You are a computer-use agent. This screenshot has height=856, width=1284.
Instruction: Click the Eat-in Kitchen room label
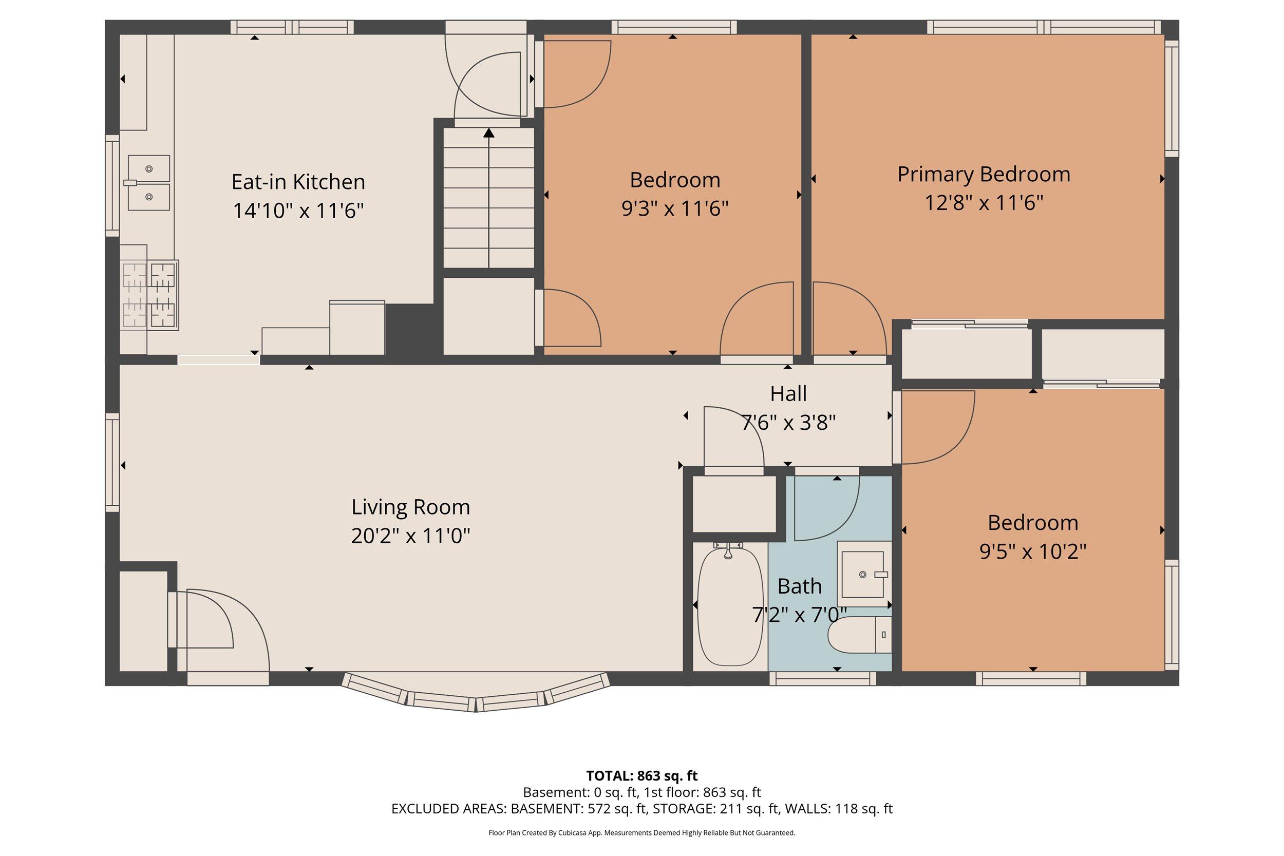298,182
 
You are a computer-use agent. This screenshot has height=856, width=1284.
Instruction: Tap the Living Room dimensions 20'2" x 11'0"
410,536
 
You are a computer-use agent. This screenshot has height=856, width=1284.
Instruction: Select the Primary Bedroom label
984,175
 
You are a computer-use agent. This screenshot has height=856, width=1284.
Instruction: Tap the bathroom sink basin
862,574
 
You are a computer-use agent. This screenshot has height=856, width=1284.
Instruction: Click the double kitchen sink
148,183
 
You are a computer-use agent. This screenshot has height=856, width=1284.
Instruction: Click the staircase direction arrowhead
488,132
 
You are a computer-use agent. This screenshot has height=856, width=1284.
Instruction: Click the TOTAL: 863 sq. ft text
642,776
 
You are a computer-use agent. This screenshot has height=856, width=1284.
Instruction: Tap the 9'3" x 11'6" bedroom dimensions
675,208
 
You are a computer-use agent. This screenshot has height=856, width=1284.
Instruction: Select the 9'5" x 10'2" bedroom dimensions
1033,551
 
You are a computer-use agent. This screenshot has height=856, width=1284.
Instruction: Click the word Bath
799,586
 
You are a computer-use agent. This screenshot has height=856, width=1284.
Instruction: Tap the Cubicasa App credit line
642,833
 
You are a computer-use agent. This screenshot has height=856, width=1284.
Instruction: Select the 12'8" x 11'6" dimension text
984,203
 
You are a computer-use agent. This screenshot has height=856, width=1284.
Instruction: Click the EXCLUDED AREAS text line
642,809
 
